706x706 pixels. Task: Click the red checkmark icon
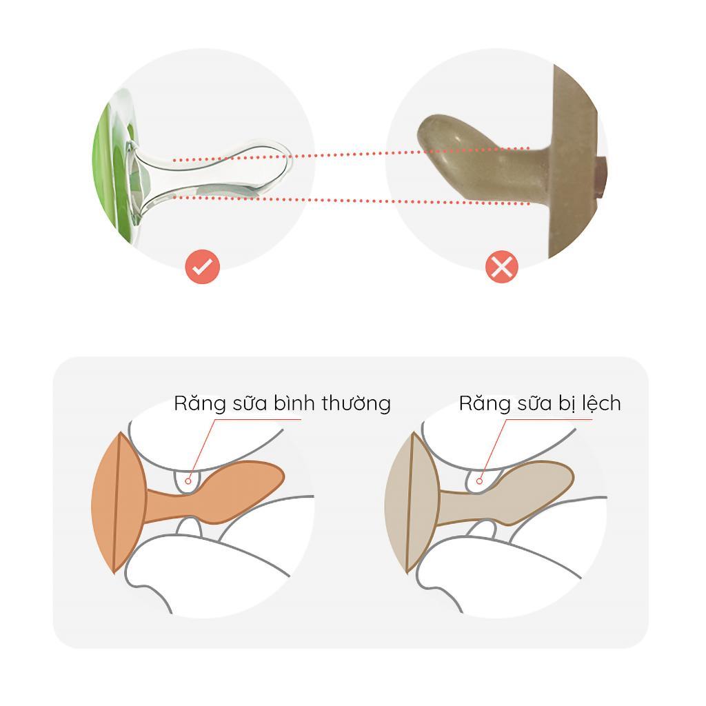202,267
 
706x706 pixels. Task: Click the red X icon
502,267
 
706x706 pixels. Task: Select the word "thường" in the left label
356,403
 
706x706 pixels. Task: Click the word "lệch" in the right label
601,403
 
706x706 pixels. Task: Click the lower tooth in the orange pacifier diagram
189,527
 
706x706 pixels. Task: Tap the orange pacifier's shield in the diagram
118,503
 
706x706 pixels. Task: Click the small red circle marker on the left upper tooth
188,481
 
